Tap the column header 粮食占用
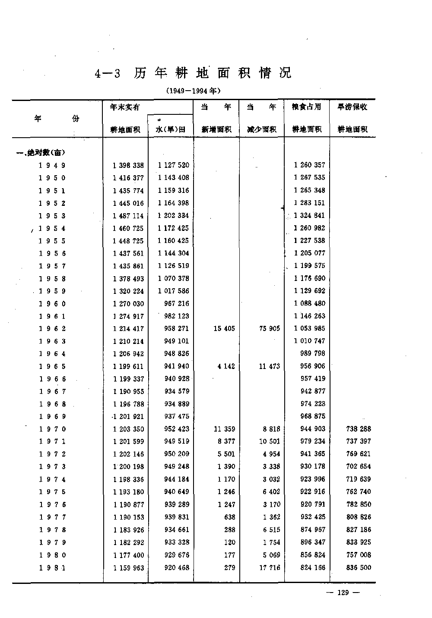tap(307, 107)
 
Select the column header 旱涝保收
tap(352, 107)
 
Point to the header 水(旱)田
tap(170, 129)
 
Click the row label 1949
tap(52, 165)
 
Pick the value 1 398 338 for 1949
tap(128, 165)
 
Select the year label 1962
tap(52, 329)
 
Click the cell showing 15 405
tap(224, 329)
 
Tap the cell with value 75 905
tap(269, 329)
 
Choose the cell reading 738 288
tap(359, 429)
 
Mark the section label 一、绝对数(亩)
tap(41, 152)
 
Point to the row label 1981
tap(52, 568)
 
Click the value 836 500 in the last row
tap(359, 568)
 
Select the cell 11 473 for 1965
tap(269, 366)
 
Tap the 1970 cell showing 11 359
tap(224, 429)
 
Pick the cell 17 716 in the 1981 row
tap(269, 568)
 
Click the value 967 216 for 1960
tap(177, 304)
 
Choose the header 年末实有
tap(125, 107)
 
